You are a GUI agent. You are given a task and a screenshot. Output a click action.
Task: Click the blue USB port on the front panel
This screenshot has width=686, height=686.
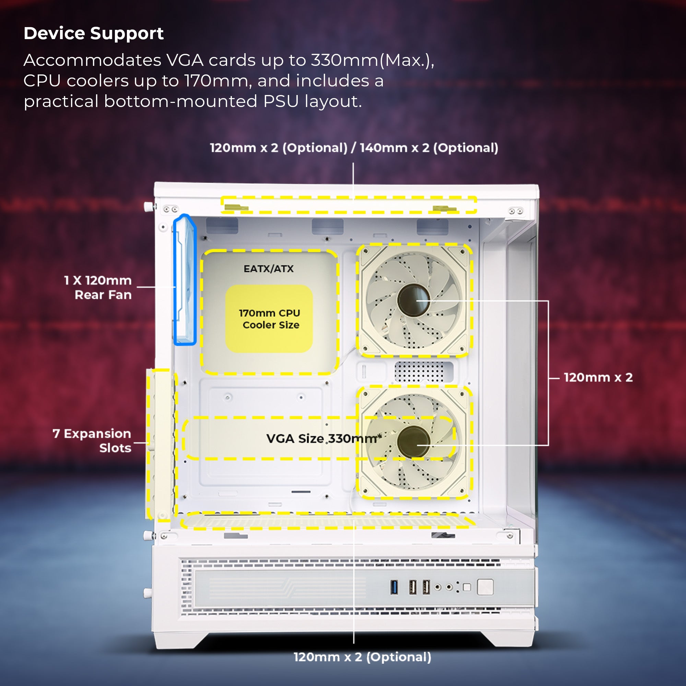394,587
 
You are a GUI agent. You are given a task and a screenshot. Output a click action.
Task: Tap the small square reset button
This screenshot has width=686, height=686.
467,587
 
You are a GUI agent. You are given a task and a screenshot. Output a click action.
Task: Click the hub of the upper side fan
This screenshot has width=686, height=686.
414,300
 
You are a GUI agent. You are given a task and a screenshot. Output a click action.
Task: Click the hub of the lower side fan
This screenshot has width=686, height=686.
414,442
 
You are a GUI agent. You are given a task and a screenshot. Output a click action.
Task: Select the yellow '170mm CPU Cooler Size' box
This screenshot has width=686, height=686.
269,319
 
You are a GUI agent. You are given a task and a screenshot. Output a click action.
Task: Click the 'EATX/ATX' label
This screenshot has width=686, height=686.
269,269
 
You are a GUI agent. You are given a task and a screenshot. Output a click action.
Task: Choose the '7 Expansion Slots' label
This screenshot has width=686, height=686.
92,441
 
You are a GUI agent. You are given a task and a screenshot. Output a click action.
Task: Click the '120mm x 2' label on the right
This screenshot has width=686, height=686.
598,377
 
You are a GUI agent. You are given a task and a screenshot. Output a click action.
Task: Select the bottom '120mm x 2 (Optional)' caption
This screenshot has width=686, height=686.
362,657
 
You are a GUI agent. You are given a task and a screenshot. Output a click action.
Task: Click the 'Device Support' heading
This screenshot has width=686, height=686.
93,34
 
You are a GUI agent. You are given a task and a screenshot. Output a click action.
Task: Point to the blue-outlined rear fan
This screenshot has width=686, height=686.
184,281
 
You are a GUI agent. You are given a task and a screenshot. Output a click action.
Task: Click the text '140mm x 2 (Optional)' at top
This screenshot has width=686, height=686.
429,148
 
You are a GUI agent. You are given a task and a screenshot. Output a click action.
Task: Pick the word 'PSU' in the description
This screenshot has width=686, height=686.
281,102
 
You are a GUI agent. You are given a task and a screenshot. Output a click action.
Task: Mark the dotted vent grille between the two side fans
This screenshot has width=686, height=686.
420,372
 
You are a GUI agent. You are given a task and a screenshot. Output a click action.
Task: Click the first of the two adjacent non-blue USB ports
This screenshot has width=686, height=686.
413,587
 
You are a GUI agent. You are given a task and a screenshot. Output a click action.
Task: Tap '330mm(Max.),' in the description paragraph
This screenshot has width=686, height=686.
372,60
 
